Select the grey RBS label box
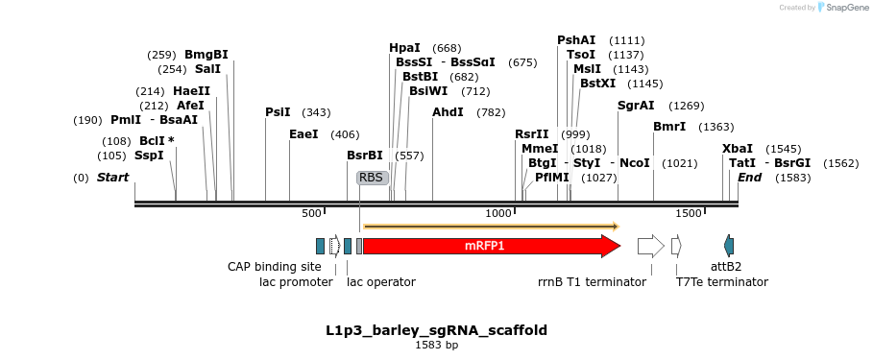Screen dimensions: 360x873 [x=371, y=178]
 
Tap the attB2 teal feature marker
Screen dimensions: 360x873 [x=729, y=246]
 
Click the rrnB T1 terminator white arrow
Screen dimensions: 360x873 [x=650, y=246]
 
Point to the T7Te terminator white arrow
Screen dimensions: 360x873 [x=676, y=246]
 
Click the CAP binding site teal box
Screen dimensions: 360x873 [x=320, y=246]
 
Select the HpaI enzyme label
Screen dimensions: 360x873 [x=404, y=48]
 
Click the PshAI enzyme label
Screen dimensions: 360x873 [x=576, y=40]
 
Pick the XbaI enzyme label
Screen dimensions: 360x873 [x=738, y=149]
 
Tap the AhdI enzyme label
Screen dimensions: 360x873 [x=448, y=112]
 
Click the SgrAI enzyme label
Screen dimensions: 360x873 [x=635, y=106]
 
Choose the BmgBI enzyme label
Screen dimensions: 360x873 [x=206, y=55]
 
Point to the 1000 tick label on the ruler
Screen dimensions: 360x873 [x=498, y=212]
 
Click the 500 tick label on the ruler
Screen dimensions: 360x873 [x=312, y=212]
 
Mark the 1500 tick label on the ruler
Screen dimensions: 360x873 [x=688, y=212]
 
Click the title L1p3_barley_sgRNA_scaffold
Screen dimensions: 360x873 [x=436, y=330]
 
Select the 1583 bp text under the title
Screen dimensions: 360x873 [x=436, y=344]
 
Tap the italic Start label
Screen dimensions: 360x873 [x=112, y=178]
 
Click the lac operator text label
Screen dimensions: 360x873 [x=381, y=282]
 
